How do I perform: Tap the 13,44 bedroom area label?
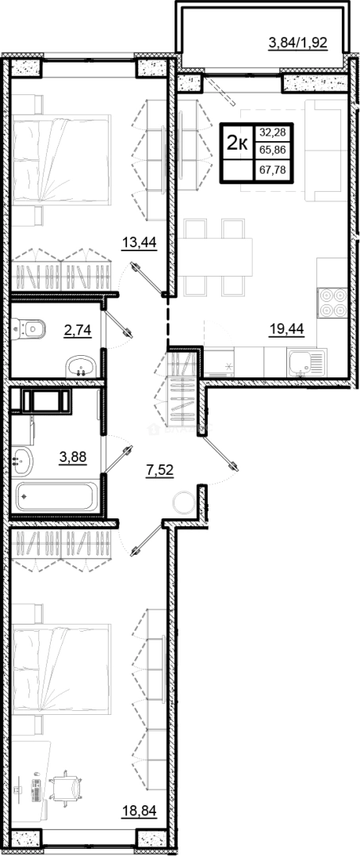(138, 243)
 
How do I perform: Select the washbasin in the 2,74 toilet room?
(80, 367)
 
